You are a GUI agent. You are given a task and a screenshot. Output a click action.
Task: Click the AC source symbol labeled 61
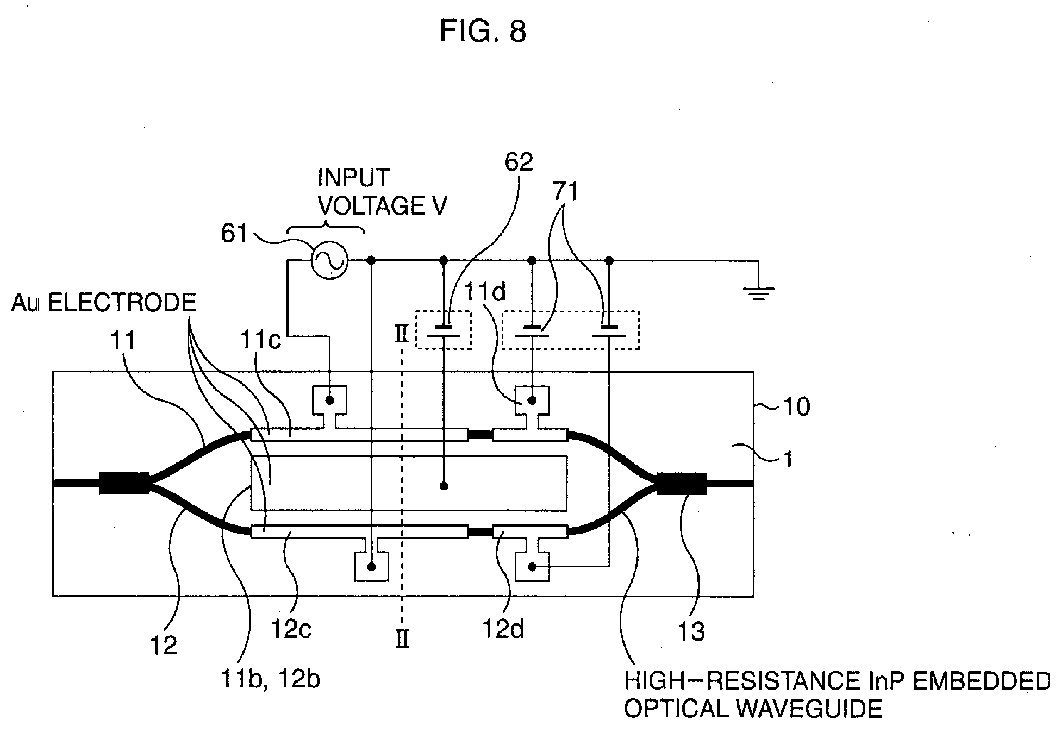point(329,260)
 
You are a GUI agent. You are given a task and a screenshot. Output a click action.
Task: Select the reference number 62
point(518,162)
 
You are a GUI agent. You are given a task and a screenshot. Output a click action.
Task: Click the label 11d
point(484,293)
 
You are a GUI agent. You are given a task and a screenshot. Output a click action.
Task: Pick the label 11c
point(260,340)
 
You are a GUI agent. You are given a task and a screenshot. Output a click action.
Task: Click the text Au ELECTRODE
point(103,303)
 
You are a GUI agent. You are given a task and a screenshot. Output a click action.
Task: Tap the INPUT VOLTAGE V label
point(382,192)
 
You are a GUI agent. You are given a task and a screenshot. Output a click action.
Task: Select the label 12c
point(291,630)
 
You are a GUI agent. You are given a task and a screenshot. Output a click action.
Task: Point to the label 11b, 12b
point(270,679)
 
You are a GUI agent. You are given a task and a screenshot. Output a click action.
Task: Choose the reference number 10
point(796,406)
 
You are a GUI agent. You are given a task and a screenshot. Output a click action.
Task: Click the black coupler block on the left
point(124,484)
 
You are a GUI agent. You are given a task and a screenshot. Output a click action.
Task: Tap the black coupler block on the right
point(682,484)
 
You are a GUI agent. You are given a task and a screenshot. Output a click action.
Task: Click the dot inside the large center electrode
point(444,485)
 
